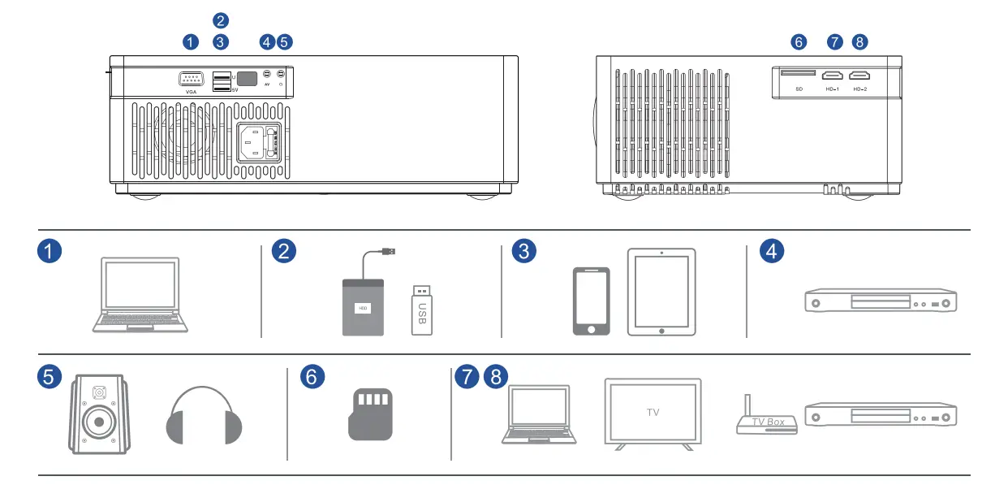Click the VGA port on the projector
191,79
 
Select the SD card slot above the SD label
798,73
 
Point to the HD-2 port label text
860,88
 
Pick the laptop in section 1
140,294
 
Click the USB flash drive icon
422,309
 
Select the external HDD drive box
362,306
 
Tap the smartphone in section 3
592,301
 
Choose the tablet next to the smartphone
661,292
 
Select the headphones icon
204,414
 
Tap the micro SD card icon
369,414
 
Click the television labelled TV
653,413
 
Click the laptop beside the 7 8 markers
539,414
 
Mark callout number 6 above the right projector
799,41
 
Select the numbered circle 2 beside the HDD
283,252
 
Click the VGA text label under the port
191,92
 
